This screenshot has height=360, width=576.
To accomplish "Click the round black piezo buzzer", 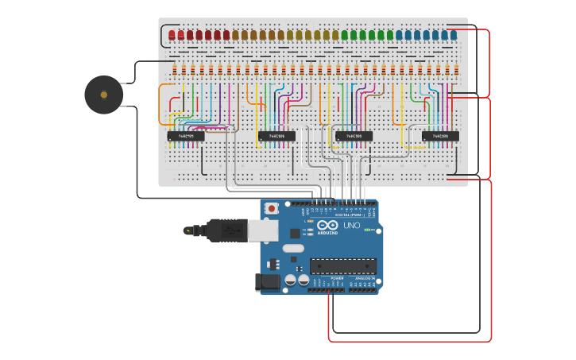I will point(104,95).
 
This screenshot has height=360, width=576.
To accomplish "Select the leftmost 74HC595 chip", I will point(186,136).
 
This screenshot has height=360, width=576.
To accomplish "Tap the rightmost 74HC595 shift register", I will point(440,136).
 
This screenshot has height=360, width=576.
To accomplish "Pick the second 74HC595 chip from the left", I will point(276,136).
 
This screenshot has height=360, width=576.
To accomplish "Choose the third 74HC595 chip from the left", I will point(354,136).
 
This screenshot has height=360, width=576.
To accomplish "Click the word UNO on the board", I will point(351,226).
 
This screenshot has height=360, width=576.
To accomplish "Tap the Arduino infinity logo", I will point(328,225).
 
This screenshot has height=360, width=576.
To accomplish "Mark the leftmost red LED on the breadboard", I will point(172,35).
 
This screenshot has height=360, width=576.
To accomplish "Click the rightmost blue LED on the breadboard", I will point(454,35).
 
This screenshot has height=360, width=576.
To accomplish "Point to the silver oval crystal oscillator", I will point(293,248).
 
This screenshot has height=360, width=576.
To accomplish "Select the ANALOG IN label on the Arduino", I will point(364,279).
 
